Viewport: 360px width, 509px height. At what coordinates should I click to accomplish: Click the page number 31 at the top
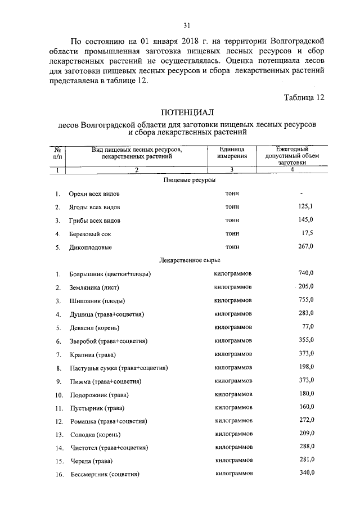[x=187, y=25]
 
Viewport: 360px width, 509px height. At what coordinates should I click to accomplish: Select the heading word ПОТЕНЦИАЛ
[x=187, y=113]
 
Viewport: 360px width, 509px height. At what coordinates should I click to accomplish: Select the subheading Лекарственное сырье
[x=190, y=260]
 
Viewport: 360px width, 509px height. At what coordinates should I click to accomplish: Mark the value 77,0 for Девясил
[x=307, y=326]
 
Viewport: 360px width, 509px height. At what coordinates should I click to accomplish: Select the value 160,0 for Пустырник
[x=305, y=407]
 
